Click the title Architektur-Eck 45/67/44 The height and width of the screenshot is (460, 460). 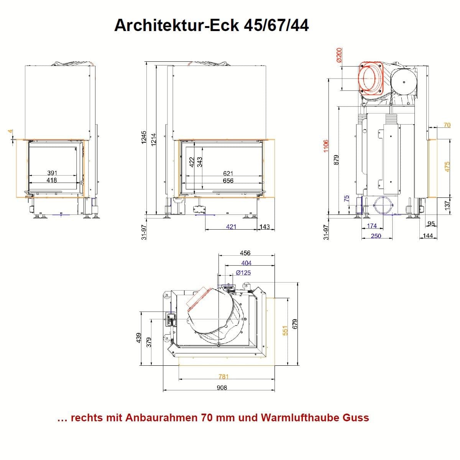pos(211,25)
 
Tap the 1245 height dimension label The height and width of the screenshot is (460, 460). pos(144,137)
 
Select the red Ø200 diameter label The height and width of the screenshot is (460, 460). pos(339,55)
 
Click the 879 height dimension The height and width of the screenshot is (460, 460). pos(336,160)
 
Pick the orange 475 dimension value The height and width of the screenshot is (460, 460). pos(447,167)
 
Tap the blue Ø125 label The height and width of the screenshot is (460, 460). pos(243,273)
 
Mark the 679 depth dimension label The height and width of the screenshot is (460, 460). pos(295,324)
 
